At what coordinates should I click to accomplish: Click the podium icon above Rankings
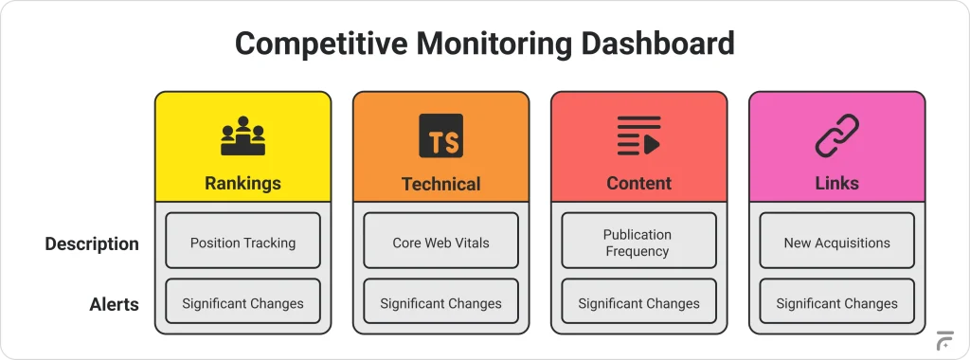(x=242, y=136)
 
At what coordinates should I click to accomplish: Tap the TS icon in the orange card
(x=440, y=136)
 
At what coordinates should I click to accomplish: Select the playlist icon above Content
(x=638, y=136)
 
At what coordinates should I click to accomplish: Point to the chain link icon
(x=836, y=136)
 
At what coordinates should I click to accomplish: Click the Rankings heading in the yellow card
(x=242, y=183)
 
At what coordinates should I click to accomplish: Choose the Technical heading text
(x=440, y=184)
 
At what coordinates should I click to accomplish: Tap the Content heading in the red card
(x=638, y=183)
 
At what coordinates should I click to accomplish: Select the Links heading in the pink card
(x=836, y=183)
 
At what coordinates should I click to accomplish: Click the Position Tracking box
(x=242, y=242)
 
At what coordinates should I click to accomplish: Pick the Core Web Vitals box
(x=440, y=242)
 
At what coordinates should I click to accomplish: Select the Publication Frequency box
(x=638, y=242)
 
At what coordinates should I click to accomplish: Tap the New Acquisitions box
(x=836, y=242)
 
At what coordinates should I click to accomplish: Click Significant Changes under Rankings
(x=242, y=303)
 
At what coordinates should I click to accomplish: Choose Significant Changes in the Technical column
(x=440, y=303)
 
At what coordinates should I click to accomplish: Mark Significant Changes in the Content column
(x=638, y=303)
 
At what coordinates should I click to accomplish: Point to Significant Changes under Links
(x=836, y=303)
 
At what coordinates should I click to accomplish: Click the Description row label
(x=92, y=243)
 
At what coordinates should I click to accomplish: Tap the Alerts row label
(x=114, y=304)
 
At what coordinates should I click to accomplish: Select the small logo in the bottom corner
(x=943, y=341)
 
